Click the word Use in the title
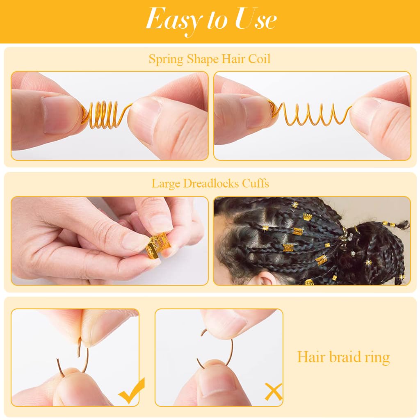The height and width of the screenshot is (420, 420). [x=255, y=19]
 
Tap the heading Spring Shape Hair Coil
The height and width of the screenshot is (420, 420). [x=210, y=59]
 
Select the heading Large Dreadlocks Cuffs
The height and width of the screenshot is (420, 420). [x=210, y=183]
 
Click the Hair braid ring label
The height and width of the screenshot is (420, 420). [x=343, y=357]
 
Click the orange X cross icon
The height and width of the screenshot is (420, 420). [x=273, y=392]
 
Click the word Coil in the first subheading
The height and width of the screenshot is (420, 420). [x=260, y=59]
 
